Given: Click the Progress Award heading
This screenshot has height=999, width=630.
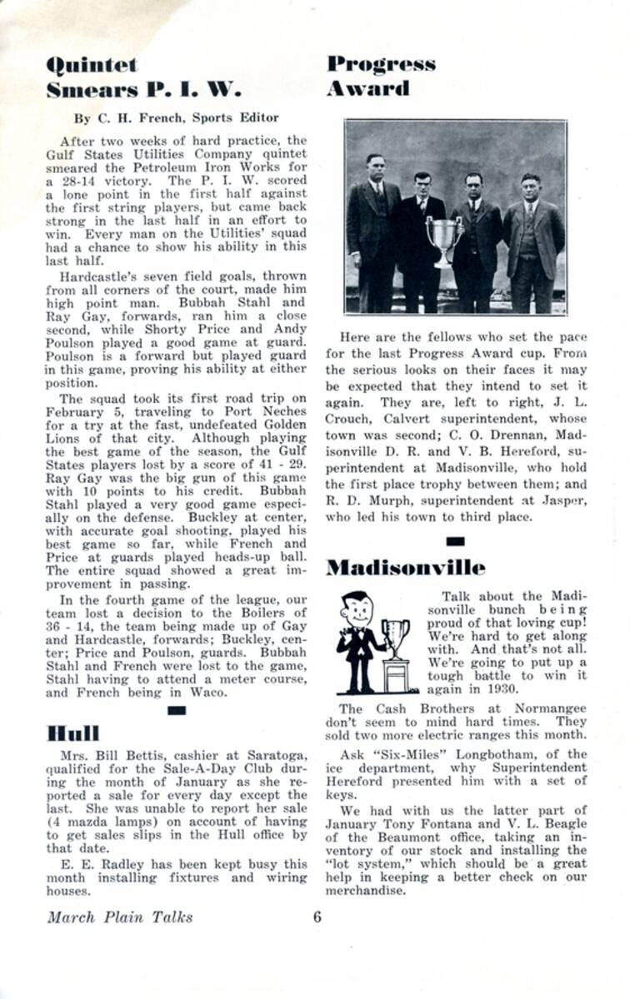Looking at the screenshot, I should pyautogui.click(x=380, y=76).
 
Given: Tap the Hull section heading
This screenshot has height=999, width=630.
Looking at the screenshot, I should pyautogui.click(x=73, y=733).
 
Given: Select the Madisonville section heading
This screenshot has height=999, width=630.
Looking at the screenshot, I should pyautogui.click(x=405, y=568).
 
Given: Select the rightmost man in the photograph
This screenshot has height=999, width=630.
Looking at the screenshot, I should pyautogui.click(x=532, y=237).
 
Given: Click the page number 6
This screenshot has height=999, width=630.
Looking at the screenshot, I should pyautogui.click(x=317, y=917).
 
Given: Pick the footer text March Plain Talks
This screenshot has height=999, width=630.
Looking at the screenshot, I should pyautogui.click(x=120, y=917).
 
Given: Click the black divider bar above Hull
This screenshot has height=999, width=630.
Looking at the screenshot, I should pyautogui.click(x=176, y=710).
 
